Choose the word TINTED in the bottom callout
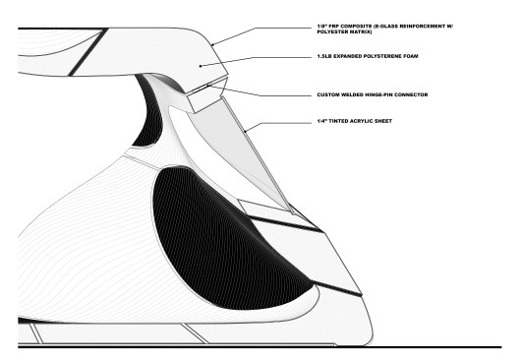click(x=336, y=122)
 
